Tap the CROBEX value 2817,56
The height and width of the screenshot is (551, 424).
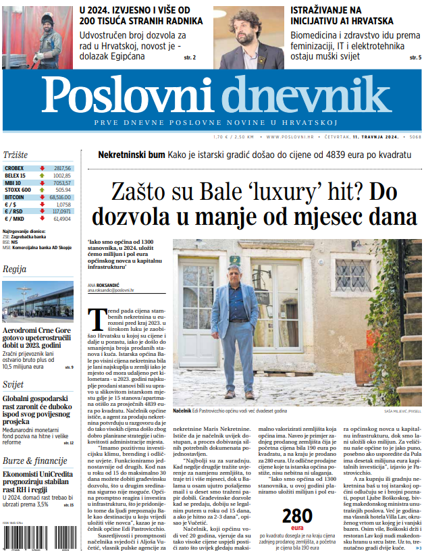(62, 167)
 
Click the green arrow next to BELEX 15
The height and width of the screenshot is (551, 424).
(43, 176)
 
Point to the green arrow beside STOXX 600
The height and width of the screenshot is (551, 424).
(43, 190)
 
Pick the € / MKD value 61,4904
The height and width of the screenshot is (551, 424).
(62, 219)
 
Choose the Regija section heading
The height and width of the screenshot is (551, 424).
(14, 269)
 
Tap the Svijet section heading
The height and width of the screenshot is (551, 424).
(13, 384)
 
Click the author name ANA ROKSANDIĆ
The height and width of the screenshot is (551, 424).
(103, 285)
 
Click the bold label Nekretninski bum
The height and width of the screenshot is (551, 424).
(132, 155)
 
